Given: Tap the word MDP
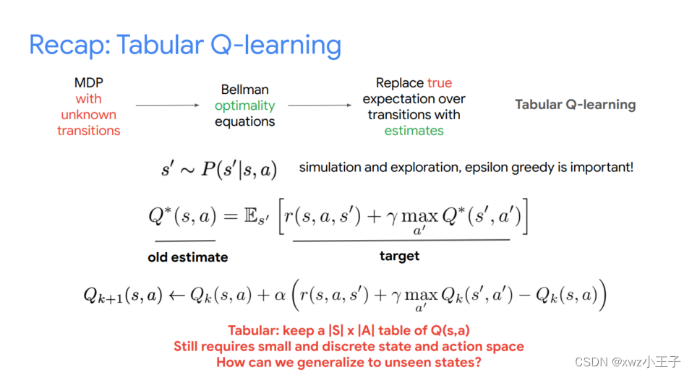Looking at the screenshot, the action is click(x=89, y=83).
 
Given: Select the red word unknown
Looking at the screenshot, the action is click(x=89, y=115).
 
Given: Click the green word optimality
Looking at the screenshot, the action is click(x=245, y=106).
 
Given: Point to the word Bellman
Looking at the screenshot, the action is click(x=245, y=90).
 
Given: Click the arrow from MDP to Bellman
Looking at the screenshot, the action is click(x=168, y=105).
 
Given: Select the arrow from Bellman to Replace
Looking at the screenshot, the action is click(x=320, y=105).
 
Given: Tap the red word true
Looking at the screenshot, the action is click(x=440, y=83).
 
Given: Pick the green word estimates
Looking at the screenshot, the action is click(x=414, y=131).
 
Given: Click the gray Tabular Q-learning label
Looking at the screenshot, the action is click(x=576, y=105).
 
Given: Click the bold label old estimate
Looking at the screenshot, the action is click(x=188, y=257).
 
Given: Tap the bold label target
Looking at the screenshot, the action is click(x=399, y=257).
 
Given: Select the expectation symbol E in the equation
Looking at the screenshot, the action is click(x=251, y=216).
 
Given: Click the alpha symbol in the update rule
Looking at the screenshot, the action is click(x=281, y=295).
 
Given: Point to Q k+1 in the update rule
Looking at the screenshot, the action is click(x=103, y=296).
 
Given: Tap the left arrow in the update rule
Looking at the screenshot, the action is click(x=176, y=295).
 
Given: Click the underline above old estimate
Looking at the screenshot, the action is click(x=185, y=241).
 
